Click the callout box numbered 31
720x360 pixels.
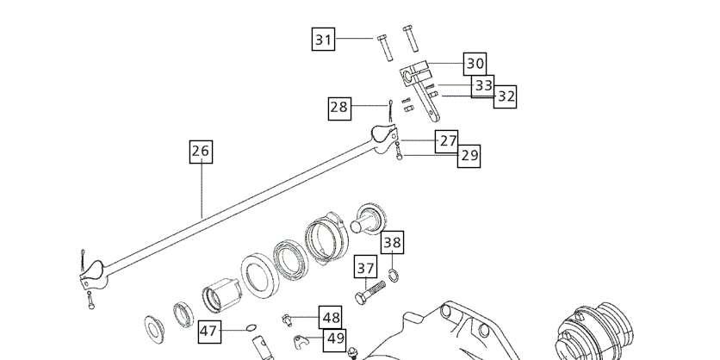[x=323, y=39]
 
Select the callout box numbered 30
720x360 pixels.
[x=475, y=64]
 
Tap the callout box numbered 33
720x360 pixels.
[x=483, y=86]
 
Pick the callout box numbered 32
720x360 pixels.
[x=505, y=96]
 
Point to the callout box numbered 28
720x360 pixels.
[x=340, y=109]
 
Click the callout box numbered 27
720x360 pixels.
[x=447, y=141]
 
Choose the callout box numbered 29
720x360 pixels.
[x=469, y=156]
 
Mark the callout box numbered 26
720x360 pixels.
[x=202, y=152]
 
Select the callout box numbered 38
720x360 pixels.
[x=392, y=243]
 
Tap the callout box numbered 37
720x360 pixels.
[x=365, y=267]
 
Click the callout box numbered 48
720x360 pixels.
[x=331, y=318]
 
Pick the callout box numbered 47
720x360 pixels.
[x=209, y=332]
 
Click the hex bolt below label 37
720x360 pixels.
[x=370, y=293]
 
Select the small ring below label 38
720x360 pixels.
[x=393, y=276]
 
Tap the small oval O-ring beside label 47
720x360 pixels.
[x=251, y=327]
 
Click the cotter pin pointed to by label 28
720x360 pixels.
[x=390, y=110]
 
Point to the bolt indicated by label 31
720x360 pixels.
[x=385, y=47]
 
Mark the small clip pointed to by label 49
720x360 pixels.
[x=301, y=341]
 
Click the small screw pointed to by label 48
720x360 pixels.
[x=287, y=320]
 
